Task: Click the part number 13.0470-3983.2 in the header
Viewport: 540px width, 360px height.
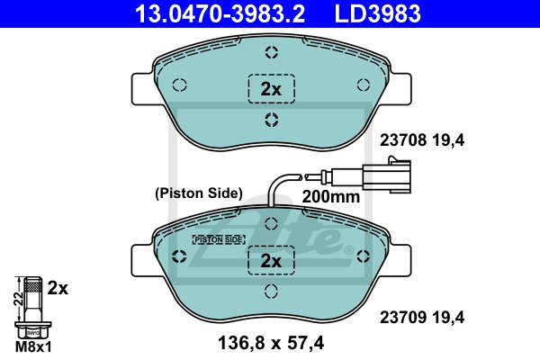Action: pyautogui.click(x=220, y=13)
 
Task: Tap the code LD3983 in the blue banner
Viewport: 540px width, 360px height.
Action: pyautogui.click(x=377, y=13)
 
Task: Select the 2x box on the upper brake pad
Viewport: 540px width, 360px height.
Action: pyautogui.click(x=272, y=89)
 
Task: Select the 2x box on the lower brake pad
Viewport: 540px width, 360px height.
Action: pyautogui.click(x=272, y=260)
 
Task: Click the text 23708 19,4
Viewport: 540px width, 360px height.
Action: pyautogui.click(x=422, y=140)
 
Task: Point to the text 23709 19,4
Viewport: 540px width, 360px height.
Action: pyautogui.click(x=422, y=317)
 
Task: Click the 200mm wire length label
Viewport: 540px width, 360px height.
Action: pyautogui.click(x=330, y=197)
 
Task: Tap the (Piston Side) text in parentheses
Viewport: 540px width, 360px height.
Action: pyautogui.click(x=199, y=193)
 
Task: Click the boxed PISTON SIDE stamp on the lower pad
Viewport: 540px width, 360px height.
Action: pyautogui.click(x=219, y=239)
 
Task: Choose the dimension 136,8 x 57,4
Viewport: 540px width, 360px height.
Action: pyautogui.click(x=271, y=343)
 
